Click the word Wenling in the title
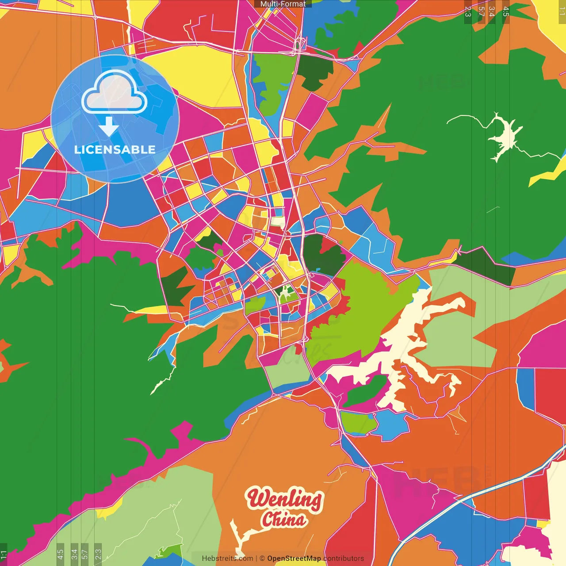tap(284, 499)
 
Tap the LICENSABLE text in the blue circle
tap(115, 149)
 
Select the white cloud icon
tap(115, 93)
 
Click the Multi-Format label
tap(283, 4)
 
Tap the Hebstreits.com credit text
tap(227, 558)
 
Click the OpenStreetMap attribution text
tap(294, 558)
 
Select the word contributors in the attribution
tap(344, 558)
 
